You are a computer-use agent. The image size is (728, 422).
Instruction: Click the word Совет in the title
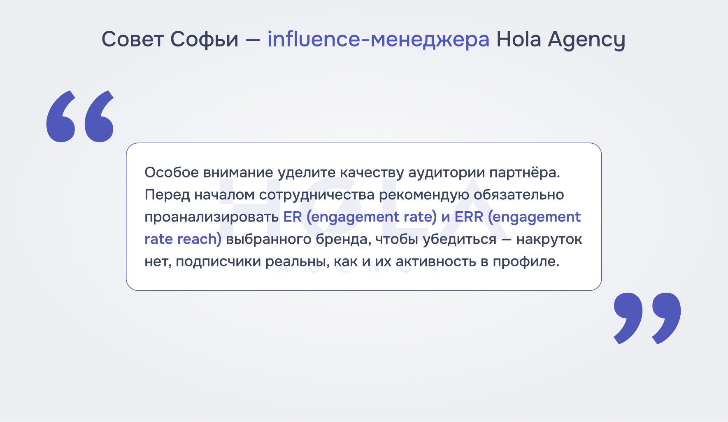(x=133, y=40)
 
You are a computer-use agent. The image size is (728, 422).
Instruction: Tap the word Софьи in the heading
(x=205, y=40)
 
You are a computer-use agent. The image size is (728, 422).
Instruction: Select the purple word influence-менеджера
(x=379, y=40)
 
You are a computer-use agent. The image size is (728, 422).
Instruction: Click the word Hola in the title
(x=519, y=39)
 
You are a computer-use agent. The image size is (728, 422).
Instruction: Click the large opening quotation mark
(x=80, y=117)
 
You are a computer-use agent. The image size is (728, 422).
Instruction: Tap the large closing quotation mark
(x=647, y=318)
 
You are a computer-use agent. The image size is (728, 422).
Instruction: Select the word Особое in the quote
(x=172, y=172)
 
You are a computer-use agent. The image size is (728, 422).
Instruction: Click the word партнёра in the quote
(x=525, y=173)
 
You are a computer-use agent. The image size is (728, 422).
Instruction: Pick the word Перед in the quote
(x=167, y=195)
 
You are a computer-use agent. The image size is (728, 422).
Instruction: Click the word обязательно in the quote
(x=519, y=195)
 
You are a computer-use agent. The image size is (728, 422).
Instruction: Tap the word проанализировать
(x=212, y=217)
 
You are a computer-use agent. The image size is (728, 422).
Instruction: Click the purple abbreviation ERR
(x=469, y=217)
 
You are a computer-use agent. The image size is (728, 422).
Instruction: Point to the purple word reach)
(x=200, y=239)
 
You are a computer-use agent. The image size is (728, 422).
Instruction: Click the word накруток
(x=549, y=240)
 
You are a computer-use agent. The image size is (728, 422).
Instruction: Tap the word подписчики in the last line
(x=220, y=262)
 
